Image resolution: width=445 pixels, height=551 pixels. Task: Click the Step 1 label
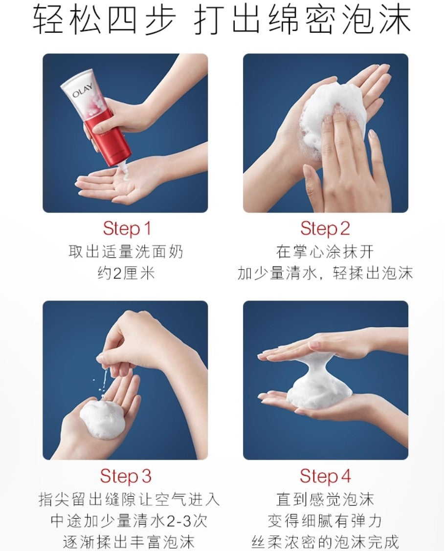tap(127, 229)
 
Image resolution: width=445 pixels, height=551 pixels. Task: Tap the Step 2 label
tap(325, 229)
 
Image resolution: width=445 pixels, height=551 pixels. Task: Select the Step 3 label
tap(126, 476)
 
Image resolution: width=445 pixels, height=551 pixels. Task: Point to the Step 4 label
tap(325, 476)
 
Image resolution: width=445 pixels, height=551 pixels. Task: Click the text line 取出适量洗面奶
tap(126, 252)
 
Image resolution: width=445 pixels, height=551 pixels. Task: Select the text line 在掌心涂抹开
tap(325, 252)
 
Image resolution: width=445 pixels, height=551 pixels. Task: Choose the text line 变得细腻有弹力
tap(325, 521)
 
